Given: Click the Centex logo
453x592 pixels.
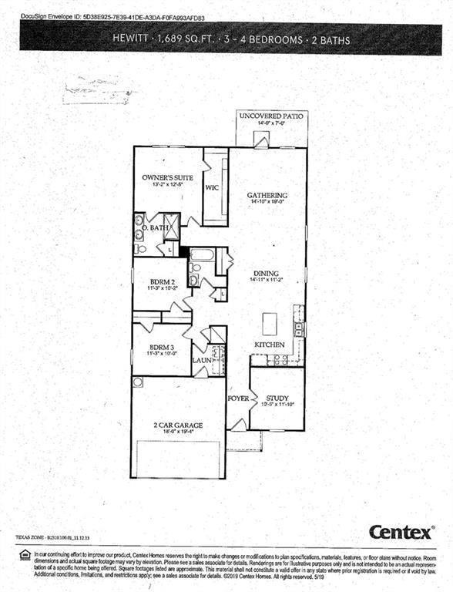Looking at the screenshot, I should coord(401,532).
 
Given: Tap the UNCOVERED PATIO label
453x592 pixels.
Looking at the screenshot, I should coord(271,116).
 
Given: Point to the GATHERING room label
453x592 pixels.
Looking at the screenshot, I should coord(267,195).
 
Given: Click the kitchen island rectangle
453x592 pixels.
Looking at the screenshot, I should coord(269,322).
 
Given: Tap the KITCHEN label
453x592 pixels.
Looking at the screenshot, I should coord(270,344).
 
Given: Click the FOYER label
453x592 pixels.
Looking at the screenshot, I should coord(237,399).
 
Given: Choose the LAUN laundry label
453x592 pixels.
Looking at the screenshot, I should coord(202,359).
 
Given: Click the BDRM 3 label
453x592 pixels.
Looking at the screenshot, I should coord(162,347).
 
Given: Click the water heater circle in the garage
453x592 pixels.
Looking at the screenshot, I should coord(138,382).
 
